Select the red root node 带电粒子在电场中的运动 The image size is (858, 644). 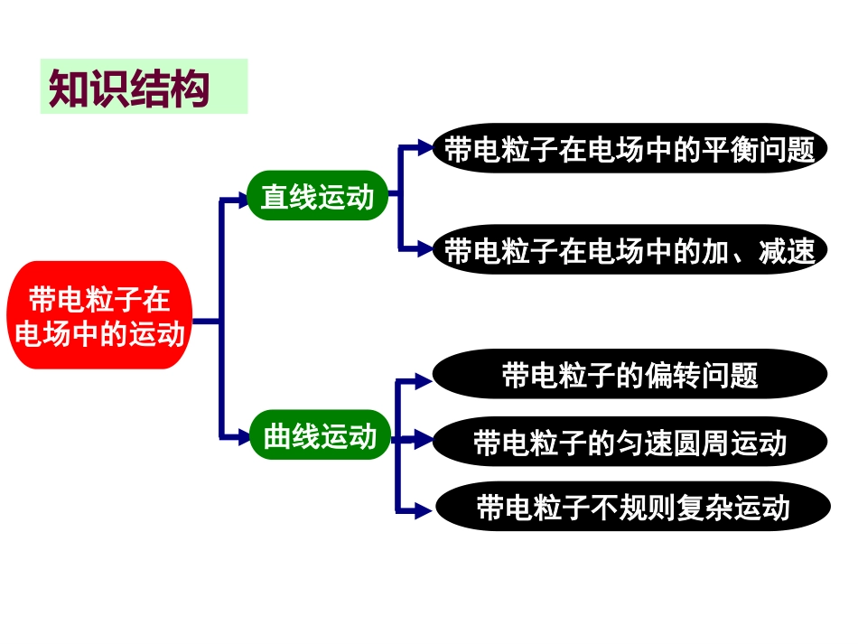click(x=99, y=316)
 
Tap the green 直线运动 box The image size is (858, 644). click(x=317, y=197)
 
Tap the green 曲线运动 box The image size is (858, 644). click(x=320, y=437)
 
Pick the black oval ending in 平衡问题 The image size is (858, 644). click(x=630, y=149)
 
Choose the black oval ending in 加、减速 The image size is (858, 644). click(x=630, y=250)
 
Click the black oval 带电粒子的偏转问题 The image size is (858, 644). click(x=630, y=374)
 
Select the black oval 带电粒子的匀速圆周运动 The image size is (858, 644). click(x=630, y=443)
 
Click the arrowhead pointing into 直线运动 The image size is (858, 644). click(x=241, y=201)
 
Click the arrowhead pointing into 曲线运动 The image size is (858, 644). click(x=241, y=437)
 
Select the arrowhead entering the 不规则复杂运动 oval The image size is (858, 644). click(x=425, y=511)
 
